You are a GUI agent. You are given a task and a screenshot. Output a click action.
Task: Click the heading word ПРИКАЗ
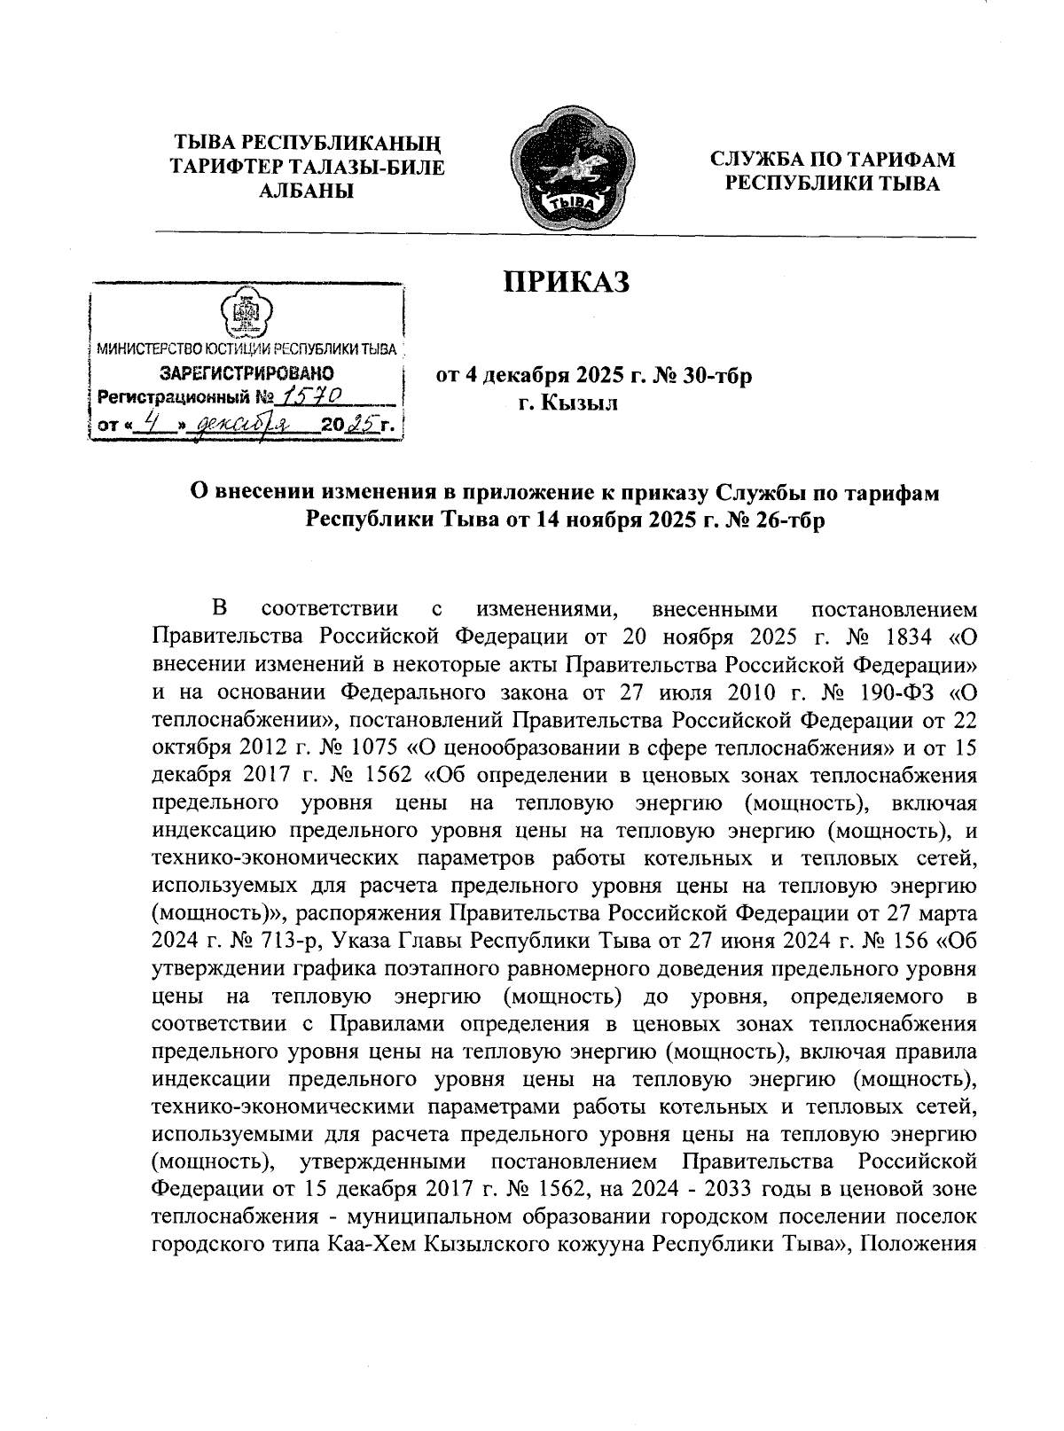coord(567,282)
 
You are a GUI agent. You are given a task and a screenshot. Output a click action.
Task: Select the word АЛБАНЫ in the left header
coord(306,190)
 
